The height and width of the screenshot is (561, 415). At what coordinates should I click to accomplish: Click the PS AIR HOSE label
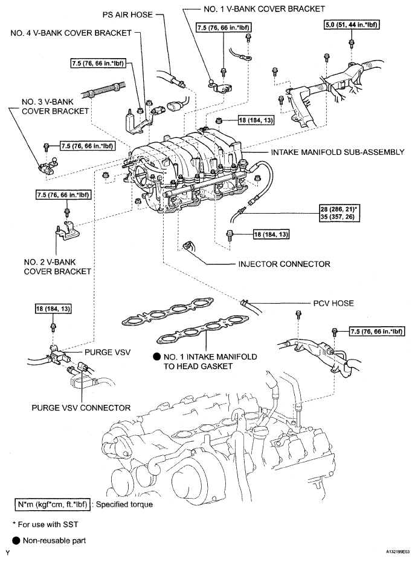pyautogui.click(x=121, y=13)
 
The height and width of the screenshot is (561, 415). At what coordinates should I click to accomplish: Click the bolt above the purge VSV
pyautogui.click(x=54, y=327)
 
